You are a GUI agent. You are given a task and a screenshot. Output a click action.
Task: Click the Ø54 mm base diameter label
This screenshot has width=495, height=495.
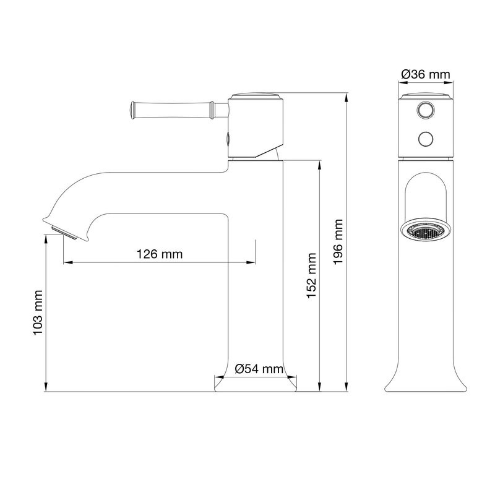(x=259, y=370)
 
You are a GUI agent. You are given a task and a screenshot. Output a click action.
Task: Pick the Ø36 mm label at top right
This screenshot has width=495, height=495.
(x=424, y=74)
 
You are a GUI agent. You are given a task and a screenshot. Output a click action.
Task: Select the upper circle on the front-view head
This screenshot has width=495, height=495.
(x=424, y=110)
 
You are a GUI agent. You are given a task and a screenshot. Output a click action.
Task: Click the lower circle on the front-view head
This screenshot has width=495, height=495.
(x=424, y=139)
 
